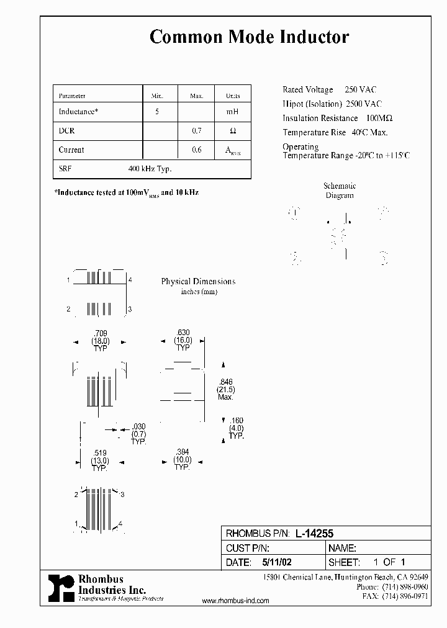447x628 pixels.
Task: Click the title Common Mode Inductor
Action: pos(249,37)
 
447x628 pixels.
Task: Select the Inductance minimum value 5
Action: pos(156,112)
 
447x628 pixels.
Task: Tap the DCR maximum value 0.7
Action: pos(196,131)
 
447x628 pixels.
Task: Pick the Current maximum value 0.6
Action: pos(196,150)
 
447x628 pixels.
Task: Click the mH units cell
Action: pos(232,112)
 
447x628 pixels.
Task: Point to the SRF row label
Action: pos(65,169)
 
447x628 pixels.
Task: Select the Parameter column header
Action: pos(72,96)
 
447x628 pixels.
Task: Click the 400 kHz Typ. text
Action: pos(150,169)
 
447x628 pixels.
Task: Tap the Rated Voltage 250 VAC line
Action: pos(329,90)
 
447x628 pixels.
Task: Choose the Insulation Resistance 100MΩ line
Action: pos(338,118)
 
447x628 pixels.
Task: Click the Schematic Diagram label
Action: pos(340,191)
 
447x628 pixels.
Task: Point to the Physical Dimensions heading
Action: pos(198,282)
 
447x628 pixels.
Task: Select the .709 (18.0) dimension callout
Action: pos(101,341)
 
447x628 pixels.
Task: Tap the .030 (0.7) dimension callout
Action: pos(138,434)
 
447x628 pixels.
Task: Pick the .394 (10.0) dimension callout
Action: pos(182,460)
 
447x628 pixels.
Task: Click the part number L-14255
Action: pos(315,533)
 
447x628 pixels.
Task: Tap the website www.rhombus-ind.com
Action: pos(236,601)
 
